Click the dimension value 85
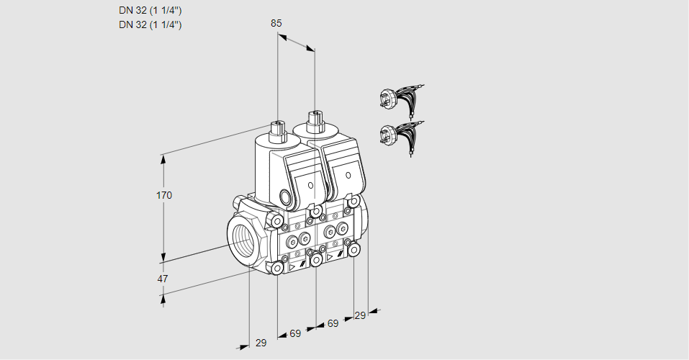276,23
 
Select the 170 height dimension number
164,195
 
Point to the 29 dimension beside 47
261,343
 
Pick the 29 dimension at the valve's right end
360,315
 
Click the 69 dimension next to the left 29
295,334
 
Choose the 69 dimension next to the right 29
333,323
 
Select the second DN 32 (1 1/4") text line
150,24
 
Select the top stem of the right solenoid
314,117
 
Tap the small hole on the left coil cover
311,185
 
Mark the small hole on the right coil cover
348,175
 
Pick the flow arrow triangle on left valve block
292,266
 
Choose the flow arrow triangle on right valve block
330,256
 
